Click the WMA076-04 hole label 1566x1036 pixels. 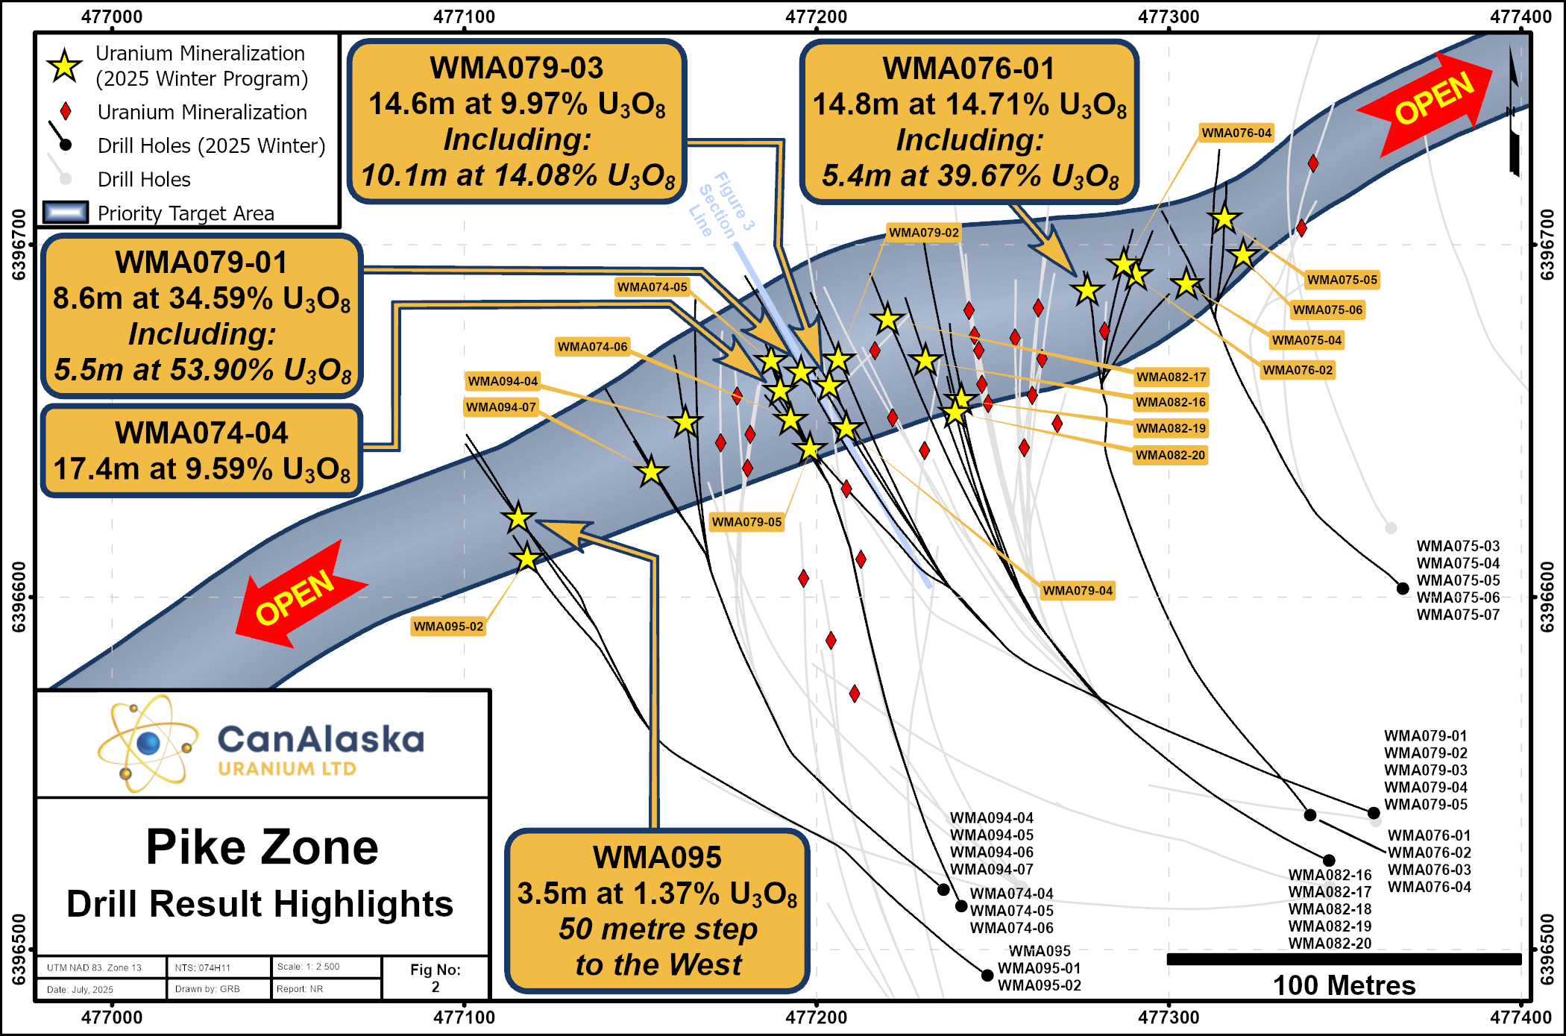click(x=1236, y=133)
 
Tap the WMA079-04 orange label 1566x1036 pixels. click(x=1078, y=591)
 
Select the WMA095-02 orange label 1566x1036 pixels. click(x=448, y=627)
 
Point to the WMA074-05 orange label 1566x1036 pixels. click(x=652, y=287)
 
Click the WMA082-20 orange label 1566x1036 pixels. click(x=1170, y=455)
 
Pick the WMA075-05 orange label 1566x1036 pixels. click(x=1342, y=280)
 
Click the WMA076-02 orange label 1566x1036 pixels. click(x=1298, y=370)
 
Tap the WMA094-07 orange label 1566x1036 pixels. click(x=501, y=407)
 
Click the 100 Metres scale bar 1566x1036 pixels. click(x=1344, y=959)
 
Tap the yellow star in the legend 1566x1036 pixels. click(x=65, y=66)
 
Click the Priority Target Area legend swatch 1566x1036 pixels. click(x=66, y=213)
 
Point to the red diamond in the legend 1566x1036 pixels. click(x=66, y=112)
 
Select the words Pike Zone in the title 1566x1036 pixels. click(x=262, y=847)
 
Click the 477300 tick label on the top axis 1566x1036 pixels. click(x=1169, y=16)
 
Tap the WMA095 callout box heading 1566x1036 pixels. click(x=657, y=858)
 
